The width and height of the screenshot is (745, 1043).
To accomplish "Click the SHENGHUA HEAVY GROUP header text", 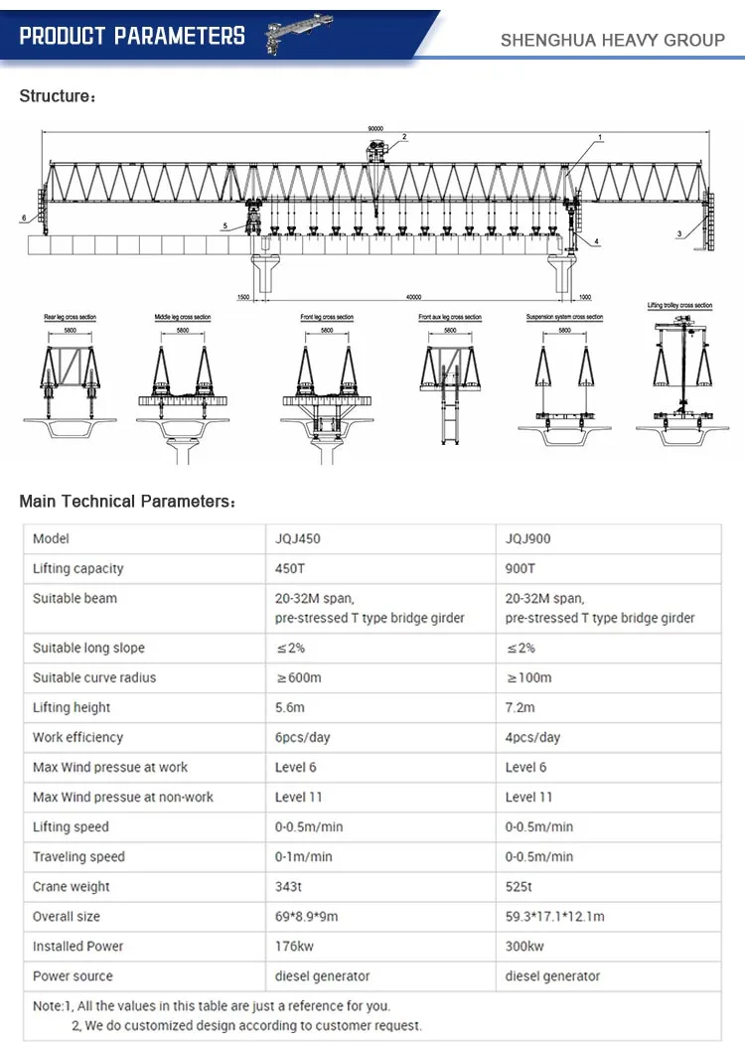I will point(613,40).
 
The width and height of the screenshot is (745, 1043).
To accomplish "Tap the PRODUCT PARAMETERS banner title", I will point(132,37).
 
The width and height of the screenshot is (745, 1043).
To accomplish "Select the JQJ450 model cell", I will point(298,538).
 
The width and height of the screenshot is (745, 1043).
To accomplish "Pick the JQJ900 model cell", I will point(528,538).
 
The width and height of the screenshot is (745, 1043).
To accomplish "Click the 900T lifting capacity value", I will point(521,568).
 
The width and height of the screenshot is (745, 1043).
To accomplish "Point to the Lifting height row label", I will point(72,707).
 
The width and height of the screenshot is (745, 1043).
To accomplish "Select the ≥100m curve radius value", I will point(528,677).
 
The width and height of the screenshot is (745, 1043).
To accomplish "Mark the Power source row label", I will point(73,975).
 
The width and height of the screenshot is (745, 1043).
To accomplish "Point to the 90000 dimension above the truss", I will point(374,129).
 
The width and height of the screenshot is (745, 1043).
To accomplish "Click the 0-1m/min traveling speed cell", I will point(304,856).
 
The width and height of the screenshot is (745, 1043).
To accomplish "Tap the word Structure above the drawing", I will point(55,96).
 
